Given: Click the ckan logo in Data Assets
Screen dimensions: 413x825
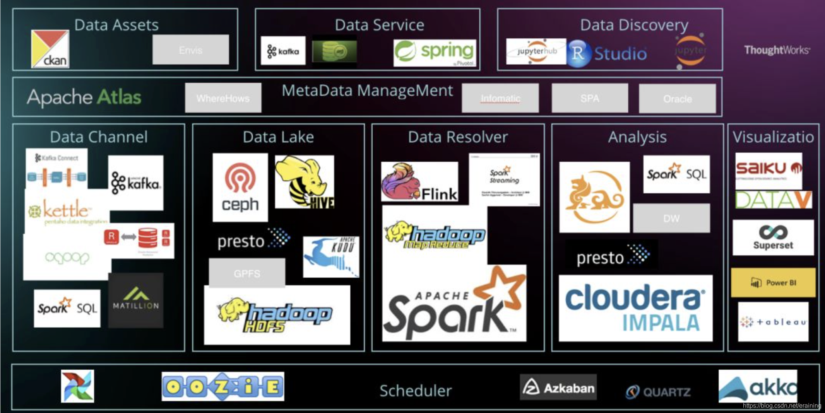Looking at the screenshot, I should [50, 49].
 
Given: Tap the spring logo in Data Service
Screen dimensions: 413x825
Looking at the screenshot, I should [435, 53].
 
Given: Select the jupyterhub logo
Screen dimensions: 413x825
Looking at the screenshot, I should [536, 51].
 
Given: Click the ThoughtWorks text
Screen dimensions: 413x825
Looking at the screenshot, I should [777, 50].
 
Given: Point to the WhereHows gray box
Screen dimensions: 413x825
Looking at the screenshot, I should [223, 98].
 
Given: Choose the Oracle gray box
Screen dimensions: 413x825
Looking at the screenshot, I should [677, 99].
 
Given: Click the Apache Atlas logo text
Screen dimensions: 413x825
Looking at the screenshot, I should [84, 97].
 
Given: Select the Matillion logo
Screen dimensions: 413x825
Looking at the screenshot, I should [135, 300].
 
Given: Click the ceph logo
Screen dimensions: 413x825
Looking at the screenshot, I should [240, 188].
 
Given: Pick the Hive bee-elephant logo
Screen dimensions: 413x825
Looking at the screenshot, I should [305, 182].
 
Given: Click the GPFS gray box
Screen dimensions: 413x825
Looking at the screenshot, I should [247, 273].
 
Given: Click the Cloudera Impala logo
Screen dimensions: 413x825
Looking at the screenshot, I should [635, 308].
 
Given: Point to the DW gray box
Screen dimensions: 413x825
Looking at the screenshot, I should [671, 218].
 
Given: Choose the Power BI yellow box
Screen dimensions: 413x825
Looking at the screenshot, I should [773, 283].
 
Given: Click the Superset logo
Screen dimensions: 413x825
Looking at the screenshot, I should [773, 237].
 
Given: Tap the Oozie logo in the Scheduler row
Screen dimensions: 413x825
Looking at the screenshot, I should [223, 386].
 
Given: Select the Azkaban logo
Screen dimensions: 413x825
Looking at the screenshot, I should [558, 387].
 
